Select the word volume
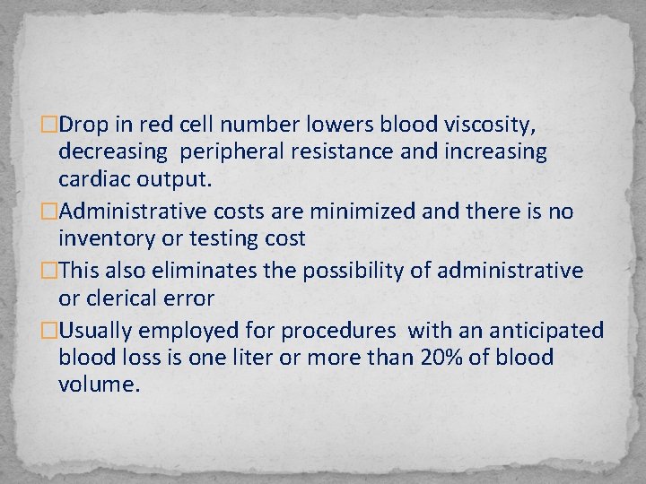pyautogui.click(x=100, y=386)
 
